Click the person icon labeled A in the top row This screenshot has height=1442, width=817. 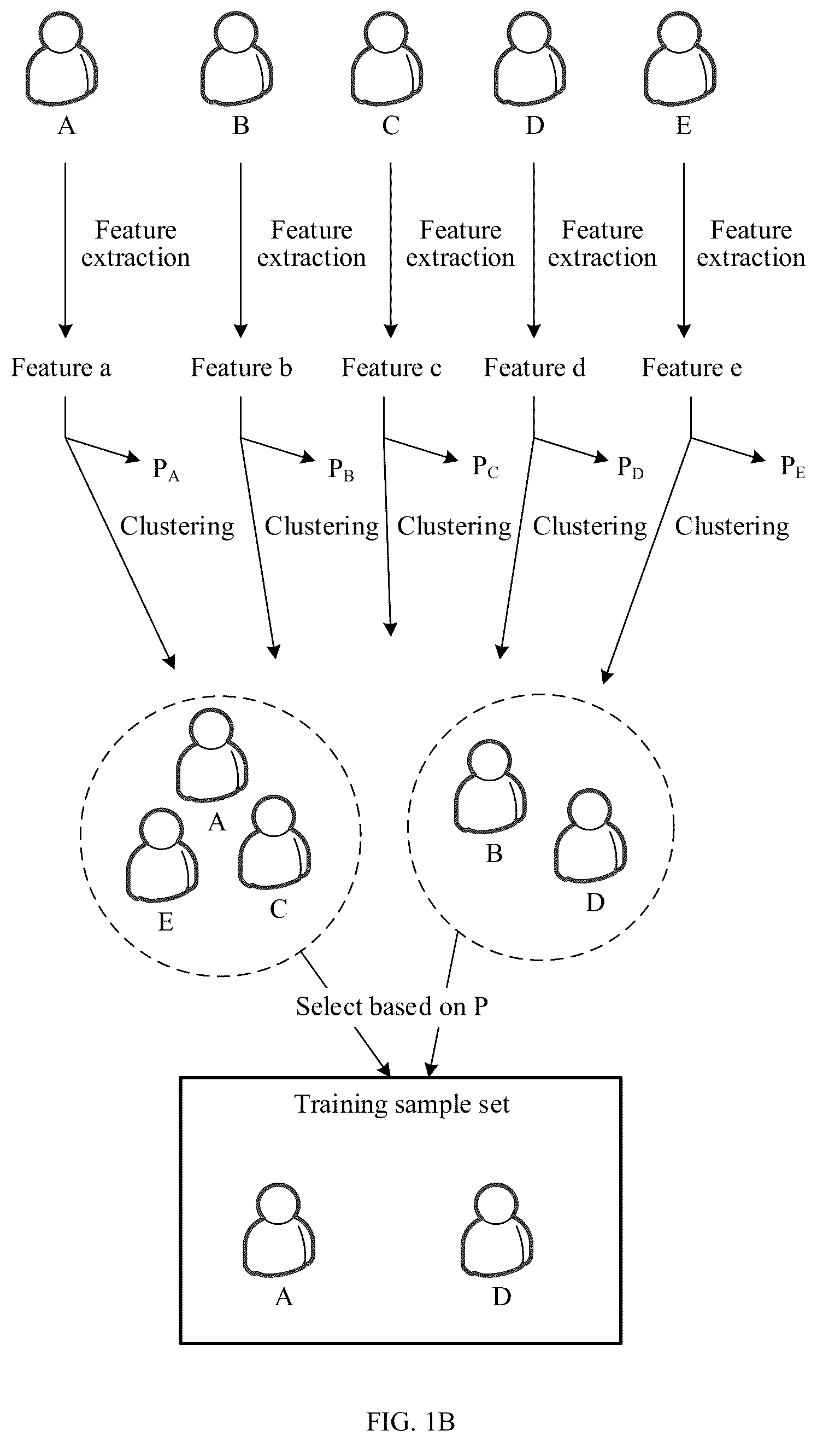[62, 59]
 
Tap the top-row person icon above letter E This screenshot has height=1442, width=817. [680, 59]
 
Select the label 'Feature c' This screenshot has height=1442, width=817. [391, 368]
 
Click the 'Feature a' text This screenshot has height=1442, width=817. [61, 368]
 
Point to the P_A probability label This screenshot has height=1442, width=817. [166, 469]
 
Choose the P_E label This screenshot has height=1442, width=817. [793, 467]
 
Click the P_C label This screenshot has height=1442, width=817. [485, 467]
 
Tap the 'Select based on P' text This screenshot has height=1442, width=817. [392, 1006]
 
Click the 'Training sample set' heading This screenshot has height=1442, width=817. [402, 1104]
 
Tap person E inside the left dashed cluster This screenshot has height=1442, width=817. [162, 854]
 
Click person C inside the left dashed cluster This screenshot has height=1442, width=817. [274, 842]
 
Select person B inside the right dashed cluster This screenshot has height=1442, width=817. [490, 786]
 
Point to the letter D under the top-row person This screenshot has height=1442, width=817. [535, 125]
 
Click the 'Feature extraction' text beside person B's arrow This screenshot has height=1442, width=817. [311, 243]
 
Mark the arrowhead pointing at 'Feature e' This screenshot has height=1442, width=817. [684, 332]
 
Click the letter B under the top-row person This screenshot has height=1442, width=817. [240, 125]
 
